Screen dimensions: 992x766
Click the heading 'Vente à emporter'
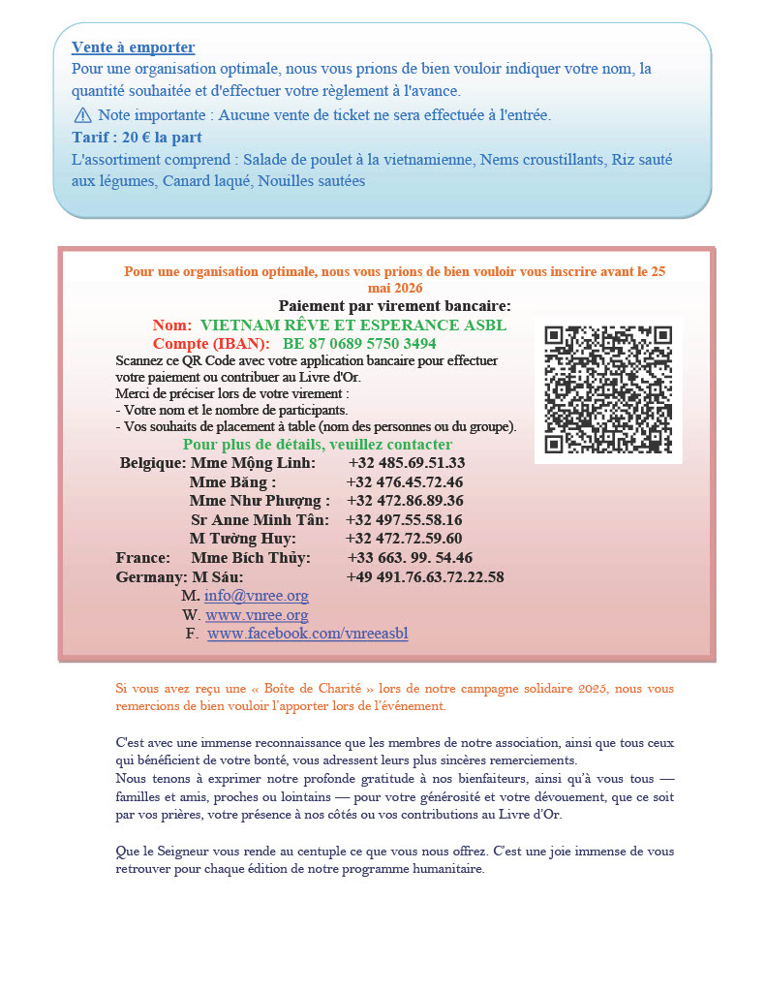click(x=133, y=47)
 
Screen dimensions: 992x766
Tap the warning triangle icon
click(x=82, y=115)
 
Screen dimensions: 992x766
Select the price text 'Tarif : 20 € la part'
click(x=137, y=137)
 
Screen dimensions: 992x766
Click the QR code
click(x=608, y=389)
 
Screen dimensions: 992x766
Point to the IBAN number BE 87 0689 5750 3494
click(x=359, y=344)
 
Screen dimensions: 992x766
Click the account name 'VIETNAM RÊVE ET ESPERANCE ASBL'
click(x=353, y=325)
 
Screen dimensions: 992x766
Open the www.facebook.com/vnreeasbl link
click(x=308, y=634)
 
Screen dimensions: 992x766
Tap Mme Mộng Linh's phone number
click(x=407, y=463)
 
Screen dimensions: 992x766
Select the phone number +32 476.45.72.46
click(x=405, y=482)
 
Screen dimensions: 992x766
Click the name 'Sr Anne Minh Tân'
click(x=260, y=520)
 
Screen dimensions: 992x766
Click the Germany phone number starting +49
click(x=425, y=577)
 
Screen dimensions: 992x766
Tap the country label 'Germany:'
click(x=147, y=577)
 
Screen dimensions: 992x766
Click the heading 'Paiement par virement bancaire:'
click(x=395, y=306)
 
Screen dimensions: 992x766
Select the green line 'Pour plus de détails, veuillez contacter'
click(x=318, y=445)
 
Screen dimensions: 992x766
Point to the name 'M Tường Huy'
click(x=243, y=539)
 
